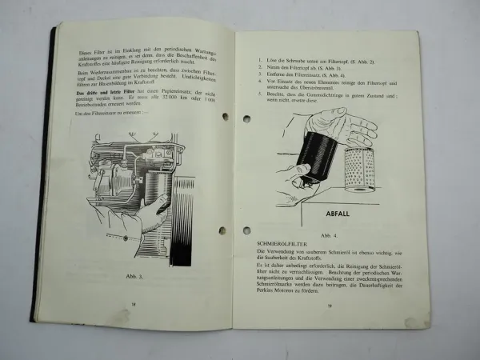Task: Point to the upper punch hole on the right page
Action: (246, 118)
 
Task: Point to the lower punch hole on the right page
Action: (246, 230)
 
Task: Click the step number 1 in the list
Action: (260, 62)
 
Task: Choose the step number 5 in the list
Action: (261, 94)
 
